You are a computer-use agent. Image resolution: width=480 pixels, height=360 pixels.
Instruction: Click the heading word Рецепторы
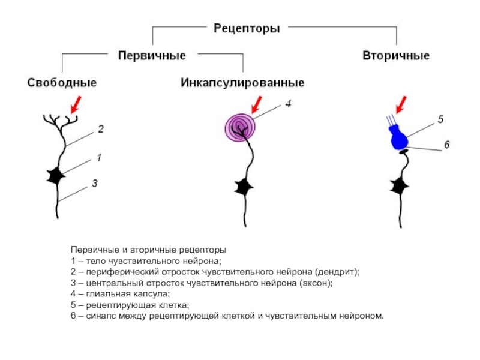click(247, 28)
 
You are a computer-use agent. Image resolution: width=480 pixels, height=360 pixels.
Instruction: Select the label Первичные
click(151, 55)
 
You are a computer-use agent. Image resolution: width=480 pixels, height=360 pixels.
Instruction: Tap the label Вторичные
click(396, 56)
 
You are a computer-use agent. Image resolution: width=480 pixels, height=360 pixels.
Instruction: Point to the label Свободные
click(62, 83)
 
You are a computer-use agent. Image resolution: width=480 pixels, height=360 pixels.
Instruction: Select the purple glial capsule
click(240, 128)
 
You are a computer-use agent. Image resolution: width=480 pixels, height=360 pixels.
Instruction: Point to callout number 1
click(98, 158)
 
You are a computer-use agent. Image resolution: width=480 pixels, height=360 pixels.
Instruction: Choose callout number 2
click(100, 129)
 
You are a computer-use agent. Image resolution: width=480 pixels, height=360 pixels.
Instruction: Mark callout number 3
click(94, 184)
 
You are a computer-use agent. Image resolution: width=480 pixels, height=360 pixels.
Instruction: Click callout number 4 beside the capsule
click(288, 104)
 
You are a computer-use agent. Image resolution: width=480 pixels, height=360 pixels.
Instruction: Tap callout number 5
click(440, 120)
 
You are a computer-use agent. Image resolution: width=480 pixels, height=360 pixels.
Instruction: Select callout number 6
click(446, 145)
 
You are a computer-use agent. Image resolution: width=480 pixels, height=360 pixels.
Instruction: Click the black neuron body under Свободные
click(56, 176)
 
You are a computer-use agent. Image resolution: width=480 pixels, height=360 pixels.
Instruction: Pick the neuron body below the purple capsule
click(244, 187)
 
